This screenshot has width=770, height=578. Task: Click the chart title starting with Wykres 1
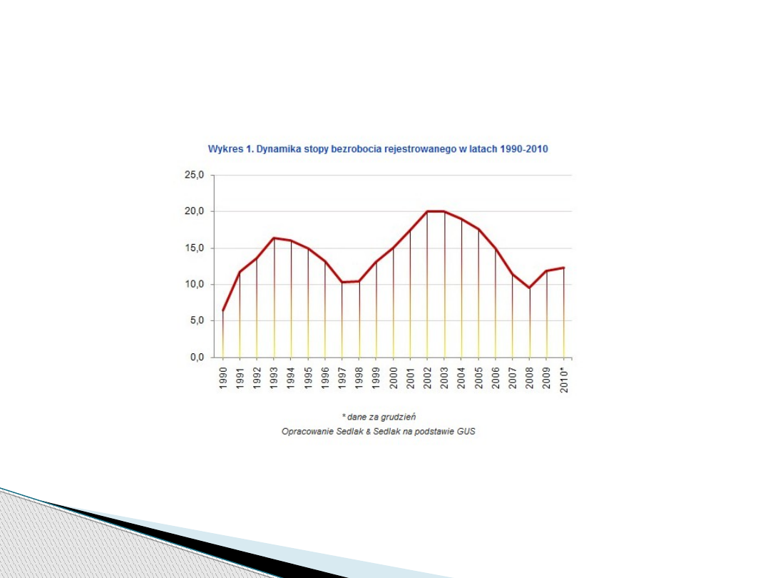(378, 149)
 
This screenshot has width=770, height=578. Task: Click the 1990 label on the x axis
(223, 377)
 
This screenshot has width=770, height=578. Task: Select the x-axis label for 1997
(342, 377)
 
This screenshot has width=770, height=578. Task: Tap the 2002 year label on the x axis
(428, 377)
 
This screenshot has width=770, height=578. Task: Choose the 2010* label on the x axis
(564, 379)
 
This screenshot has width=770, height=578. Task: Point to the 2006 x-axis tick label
(496, 377)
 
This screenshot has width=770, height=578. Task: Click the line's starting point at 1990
(223, 310)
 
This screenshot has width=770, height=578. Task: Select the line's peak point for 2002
(427, 211)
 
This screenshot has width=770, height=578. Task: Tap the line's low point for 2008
(530, 288)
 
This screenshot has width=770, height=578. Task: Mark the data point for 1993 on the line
(274, 238)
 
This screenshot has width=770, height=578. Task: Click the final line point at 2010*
(564, 268)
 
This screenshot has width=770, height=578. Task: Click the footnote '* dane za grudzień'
(379, 416)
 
